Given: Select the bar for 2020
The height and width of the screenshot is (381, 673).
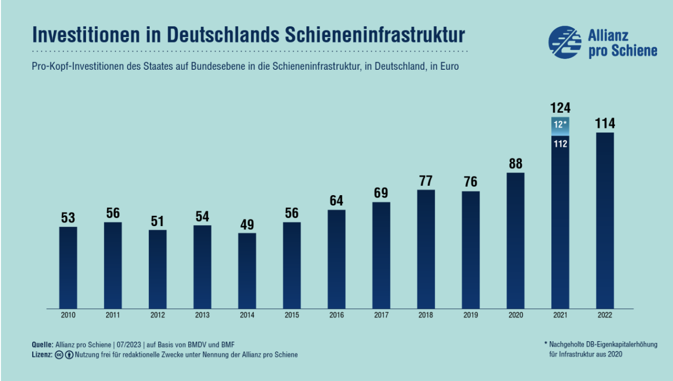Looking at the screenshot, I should (515, 241).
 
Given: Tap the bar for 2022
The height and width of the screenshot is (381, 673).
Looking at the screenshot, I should (605, 220).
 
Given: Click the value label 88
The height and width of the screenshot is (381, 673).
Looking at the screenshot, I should (515, 164).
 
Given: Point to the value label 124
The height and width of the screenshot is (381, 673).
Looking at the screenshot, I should (560, 108).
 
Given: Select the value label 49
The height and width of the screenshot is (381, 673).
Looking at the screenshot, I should (247, 224).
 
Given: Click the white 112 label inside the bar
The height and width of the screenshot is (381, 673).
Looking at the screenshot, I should (560, 144).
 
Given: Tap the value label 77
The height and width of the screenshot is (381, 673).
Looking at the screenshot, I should (426, 181).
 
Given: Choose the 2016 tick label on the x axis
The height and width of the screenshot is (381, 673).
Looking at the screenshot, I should (336, 315).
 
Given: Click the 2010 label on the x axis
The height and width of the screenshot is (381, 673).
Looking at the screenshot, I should (68, 315).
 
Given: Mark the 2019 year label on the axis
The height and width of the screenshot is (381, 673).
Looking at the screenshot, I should (470, 315).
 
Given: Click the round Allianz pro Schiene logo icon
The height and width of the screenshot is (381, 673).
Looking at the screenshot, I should (564, 43).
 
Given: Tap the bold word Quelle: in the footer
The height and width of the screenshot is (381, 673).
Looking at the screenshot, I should (43, 344).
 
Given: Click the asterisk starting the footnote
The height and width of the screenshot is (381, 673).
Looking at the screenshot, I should (546, 344).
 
